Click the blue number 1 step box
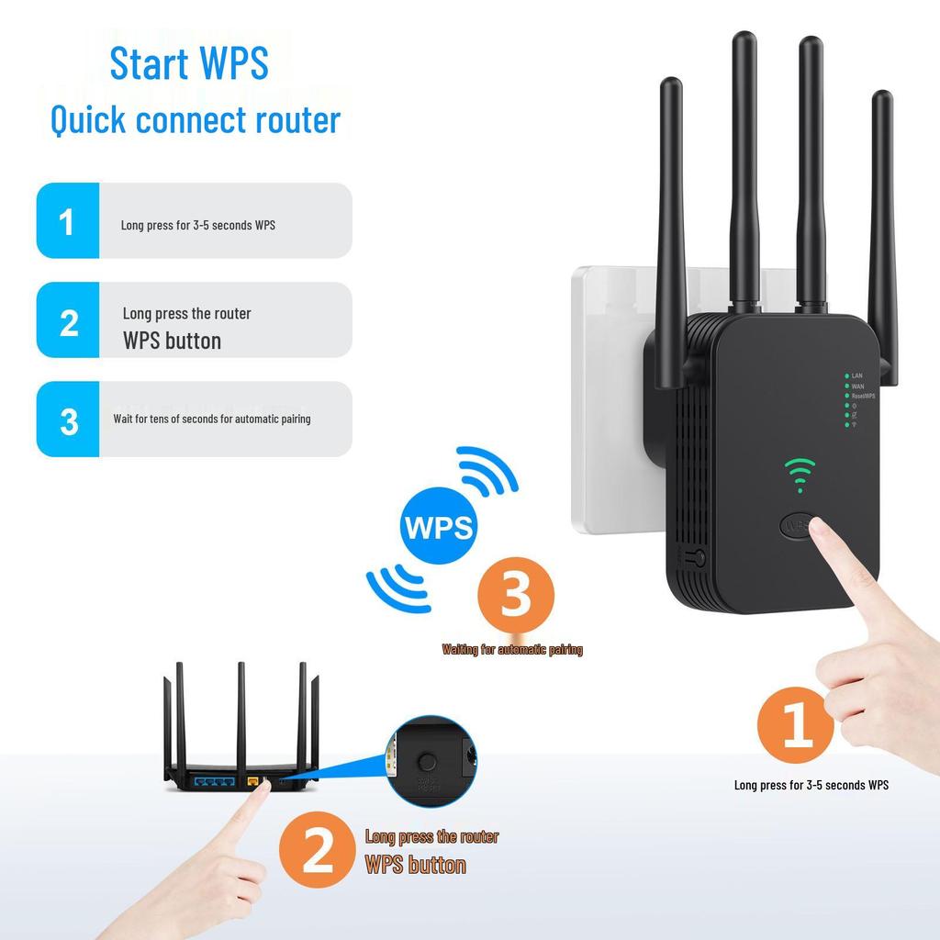[x=67, y=221]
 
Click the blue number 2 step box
[x=67, y=320]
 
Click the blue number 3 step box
[x=67, y=420]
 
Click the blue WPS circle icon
[x=439, y=526]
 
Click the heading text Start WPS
[x=189, y=62]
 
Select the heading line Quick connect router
[x=195, y=120]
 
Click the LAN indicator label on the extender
[x=856, y=375]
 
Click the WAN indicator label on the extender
[x=857, y=386]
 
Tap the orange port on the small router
[x=252, y=780]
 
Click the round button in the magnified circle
[x=426, y=762]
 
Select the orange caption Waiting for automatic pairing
[x=512, y=650]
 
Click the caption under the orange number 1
[x=811, y=785]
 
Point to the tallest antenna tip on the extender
[x=743, y=39]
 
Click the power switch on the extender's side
[x=697, y=557]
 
